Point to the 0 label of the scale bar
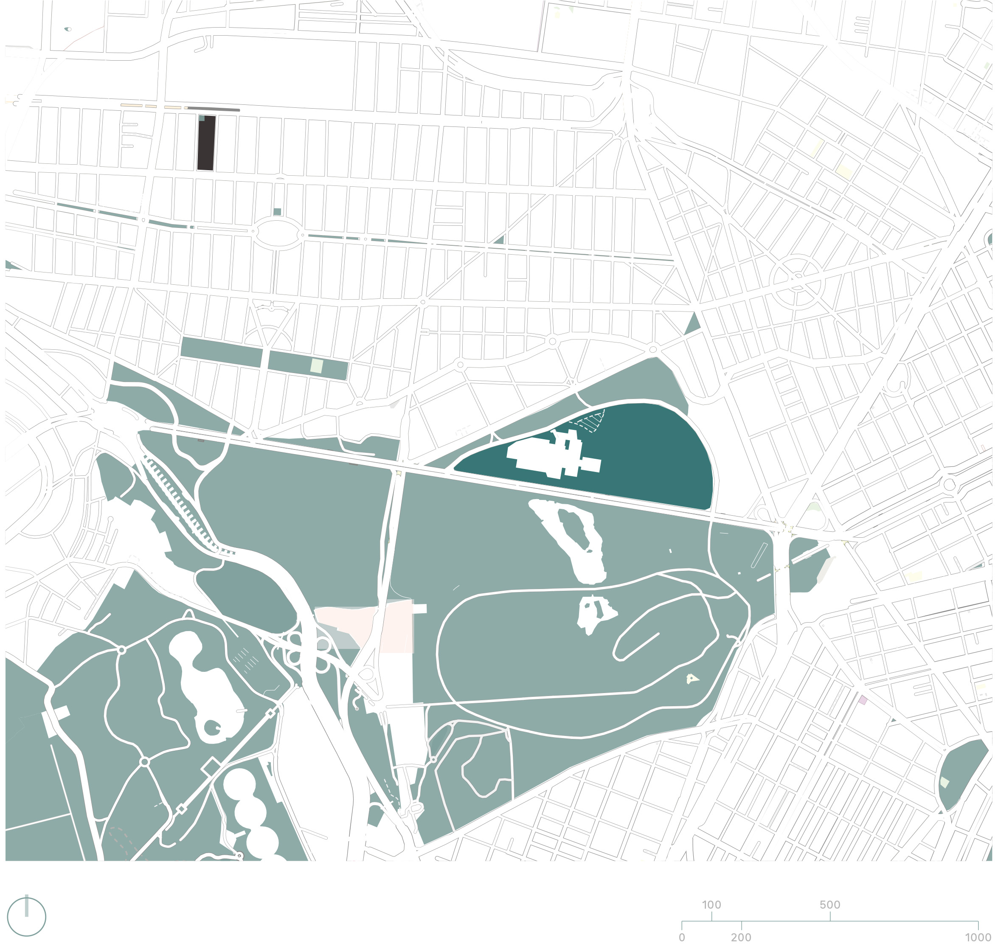click(x=682, y=937)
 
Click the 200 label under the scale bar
click(x=741, y=937)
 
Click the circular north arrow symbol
click(x=27, y=916)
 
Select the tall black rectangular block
click(x=206, y=143)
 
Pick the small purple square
click(x=863, y=699)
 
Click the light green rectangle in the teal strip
click(x=316, y=365)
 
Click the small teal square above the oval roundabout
click(x=277, y=211)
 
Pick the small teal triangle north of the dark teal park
click(x=693, y=323)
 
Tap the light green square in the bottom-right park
click(x=945, y=783)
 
